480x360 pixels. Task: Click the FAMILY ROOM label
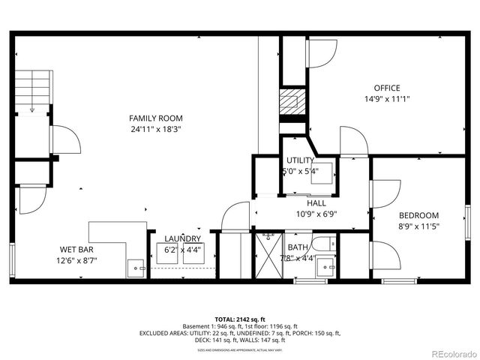pyautogui.click(x=156, y=118)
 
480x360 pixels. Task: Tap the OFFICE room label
pyautogui.click(x=387, y=88)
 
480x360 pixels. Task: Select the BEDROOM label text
pyautogui.click(x=418, y=215)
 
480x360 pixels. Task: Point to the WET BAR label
pyautogui.click(x=79, y=250)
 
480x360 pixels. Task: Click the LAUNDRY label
pyautogui.click(x=183, y=238)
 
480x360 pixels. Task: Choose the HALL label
pyautogui.click(x=316, y=203)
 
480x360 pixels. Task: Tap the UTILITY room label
pyautogui.click(x=300, y=160)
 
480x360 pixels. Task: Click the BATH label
pyautogui.click(x=298, y=247)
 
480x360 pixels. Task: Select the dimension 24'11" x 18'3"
pyautogui.click(x=156, y=129)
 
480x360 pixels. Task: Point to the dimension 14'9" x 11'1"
pyautogui.click(x=387, y=98)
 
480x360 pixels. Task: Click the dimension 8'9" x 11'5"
pyautogui.click(x=418, y=226)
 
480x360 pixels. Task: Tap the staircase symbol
pyautogui.click(x=32, y=91)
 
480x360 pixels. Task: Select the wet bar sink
pyautogui.click(x=136, y=265)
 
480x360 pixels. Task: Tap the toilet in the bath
pyautogui.click(x=324, y=243)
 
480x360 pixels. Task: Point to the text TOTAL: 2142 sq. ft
pyautogui.click(x=239, y=319)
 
